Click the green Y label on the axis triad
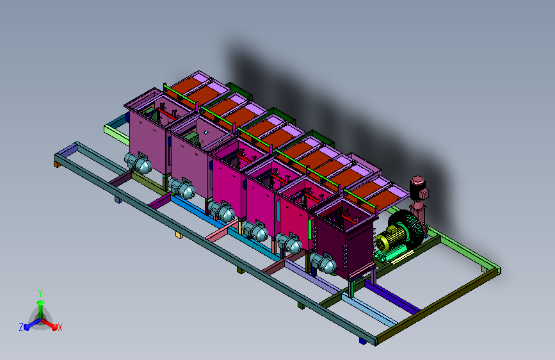pos(40,293)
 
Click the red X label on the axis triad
pos(60,327)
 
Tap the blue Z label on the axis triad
pos(21,327)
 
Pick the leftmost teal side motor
pos(138,163)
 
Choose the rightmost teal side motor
pos(323,263)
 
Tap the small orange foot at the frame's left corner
pos(56,164)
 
